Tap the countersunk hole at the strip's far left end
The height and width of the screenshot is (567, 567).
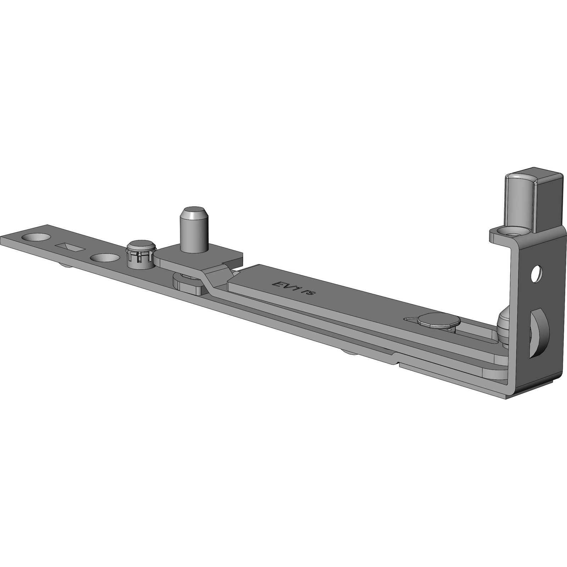35,237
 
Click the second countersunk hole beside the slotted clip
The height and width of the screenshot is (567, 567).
105,257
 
